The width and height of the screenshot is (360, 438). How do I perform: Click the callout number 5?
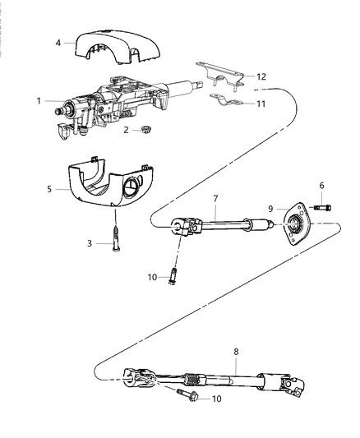pos(50,189)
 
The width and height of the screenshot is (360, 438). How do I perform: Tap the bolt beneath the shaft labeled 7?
pos(174,274)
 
